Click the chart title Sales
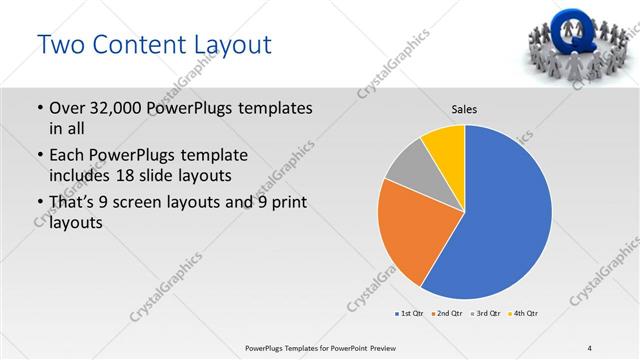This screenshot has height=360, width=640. (x=465, y=108)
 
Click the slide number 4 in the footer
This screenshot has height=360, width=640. (x=589, y=347)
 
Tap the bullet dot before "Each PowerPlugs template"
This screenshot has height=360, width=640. (x=39, y=156)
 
